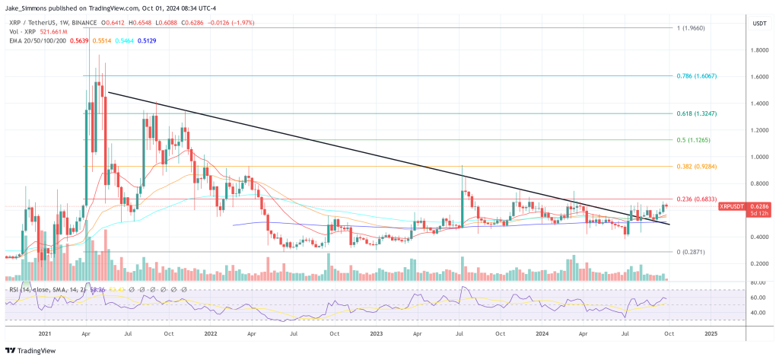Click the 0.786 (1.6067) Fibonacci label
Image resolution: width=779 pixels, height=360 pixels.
click(x=697, y=76)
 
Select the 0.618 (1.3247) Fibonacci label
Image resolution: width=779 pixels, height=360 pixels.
click(x=697, y=113)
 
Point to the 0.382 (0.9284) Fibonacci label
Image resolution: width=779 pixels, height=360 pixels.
click(x=697, y=166)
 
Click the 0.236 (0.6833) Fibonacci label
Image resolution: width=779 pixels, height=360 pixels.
click(x=697, y=199)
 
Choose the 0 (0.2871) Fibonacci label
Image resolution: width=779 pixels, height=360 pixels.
click(x=694, y=251)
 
